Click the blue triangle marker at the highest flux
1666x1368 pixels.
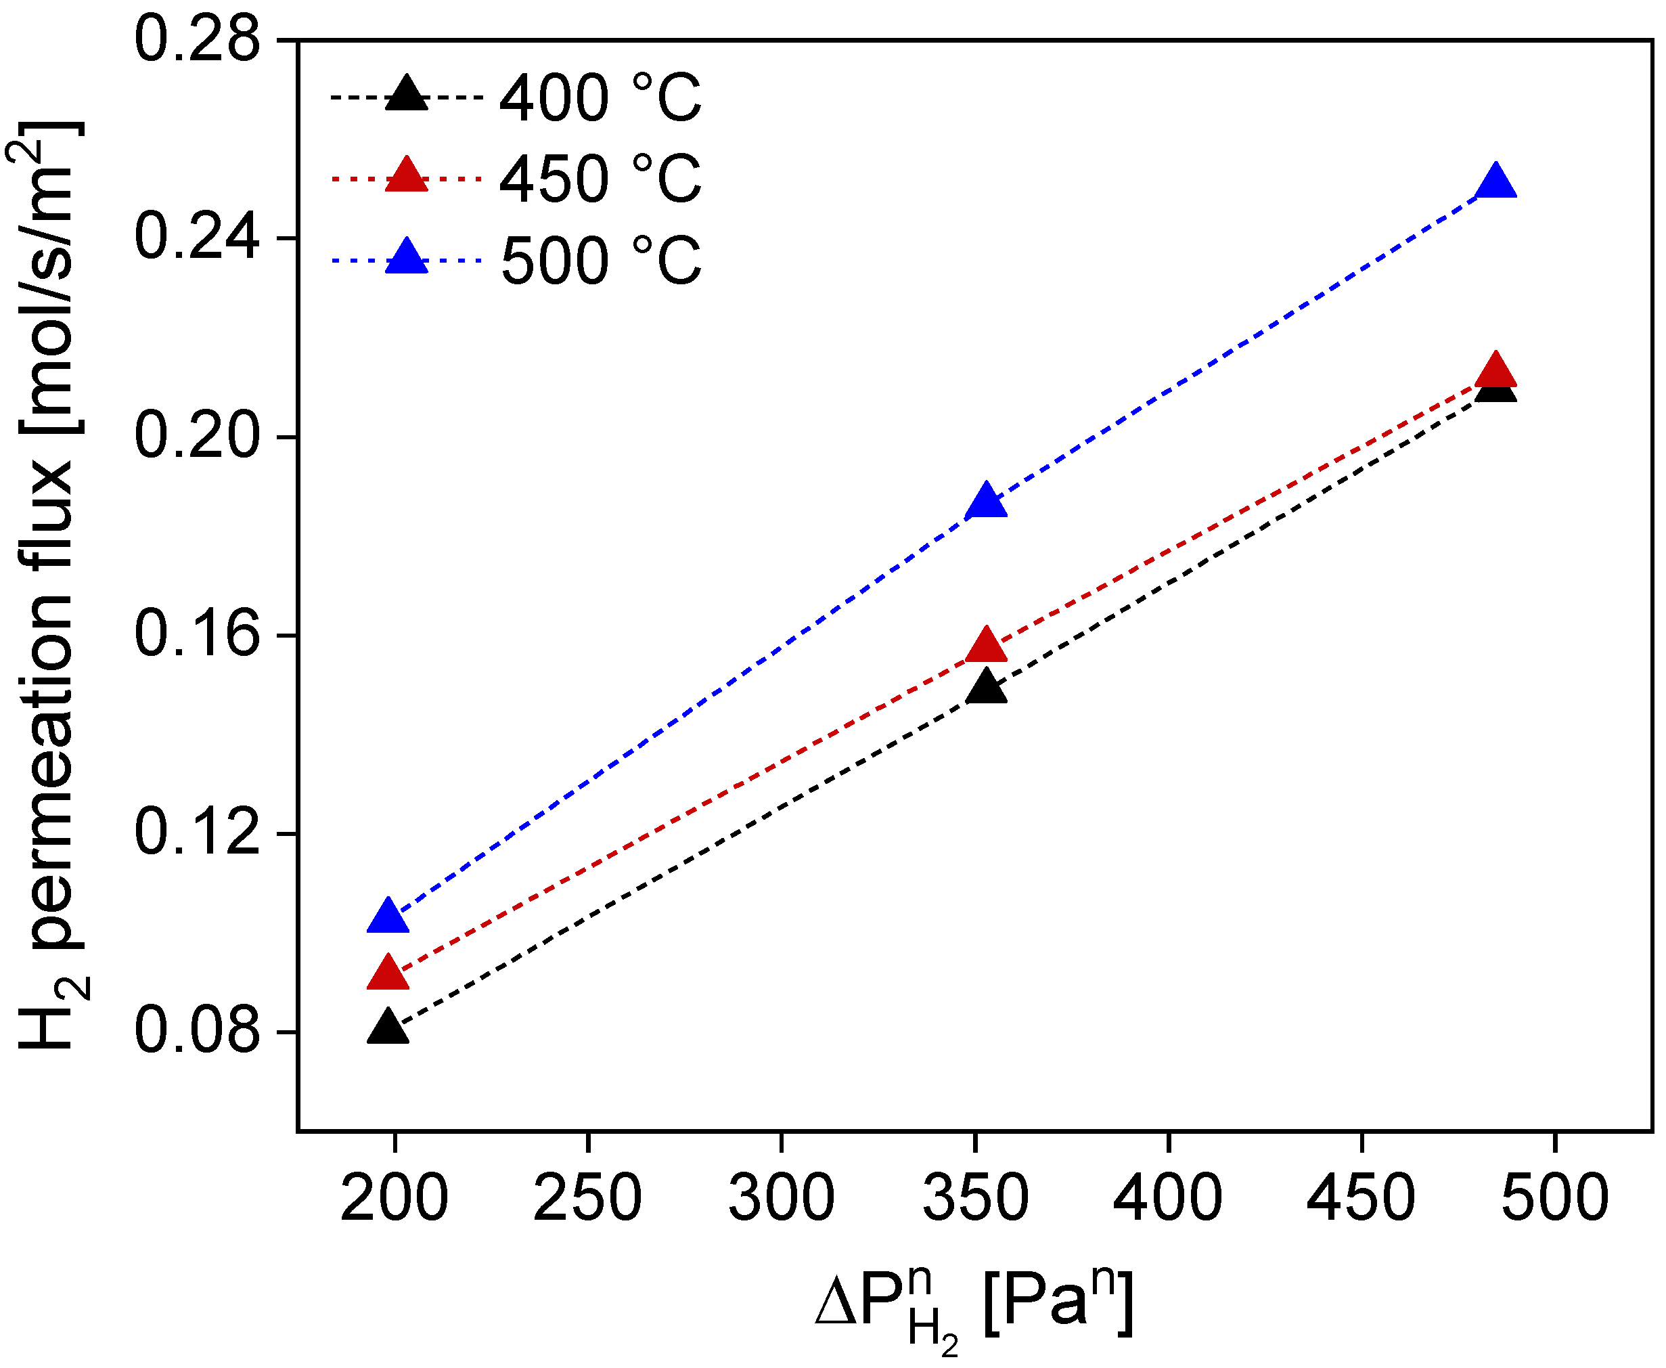tap(1496, 183)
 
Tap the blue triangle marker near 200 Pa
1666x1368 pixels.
tap(388, 917)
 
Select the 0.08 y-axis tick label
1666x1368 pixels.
tap(197, 1032)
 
